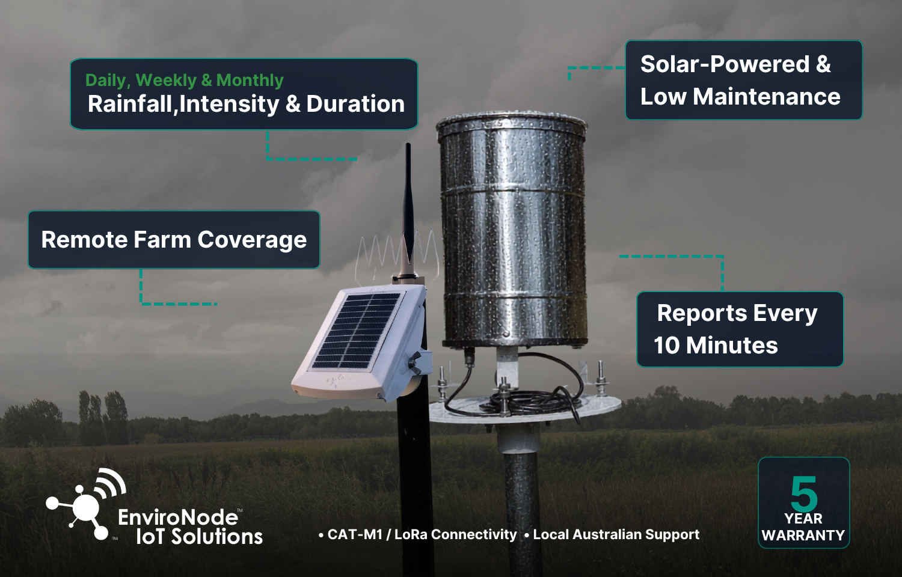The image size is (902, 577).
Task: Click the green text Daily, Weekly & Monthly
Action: (x=185, y=81)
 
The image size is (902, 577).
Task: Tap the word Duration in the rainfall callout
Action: (x=355, y=104)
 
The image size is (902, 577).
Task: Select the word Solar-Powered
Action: (x=725, y=64)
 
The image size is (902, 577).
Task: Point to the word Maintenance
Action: (x=767, y=97)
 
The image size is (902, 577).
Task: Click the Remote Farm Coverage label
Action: (x=174, y=240)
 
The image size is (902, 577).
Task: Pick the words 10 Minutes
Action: (x=716, y=345)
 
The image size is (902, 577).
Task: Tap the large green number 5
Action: (x=804, y=493)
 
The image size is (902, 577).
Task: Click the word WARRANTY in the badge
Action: (x=803, y=536)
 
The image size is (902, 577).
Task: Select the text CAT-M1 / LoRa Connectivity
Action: (x=422, y=534)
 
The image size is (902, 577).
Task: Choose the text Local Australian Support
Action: (x=616, y=534)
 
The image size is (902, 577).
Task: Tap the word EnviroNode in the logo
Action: (x=178, y=517)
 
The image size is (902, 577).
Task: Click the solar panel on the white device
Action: (x=357, y=329)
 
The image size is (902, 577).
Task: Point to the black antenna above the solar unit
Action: (x=408, y=209)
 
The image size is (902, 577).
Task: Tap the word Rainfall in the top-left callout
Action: (x=130, y=104)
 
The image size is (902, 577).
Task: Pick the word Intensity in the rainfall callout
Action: (x=229, y=104)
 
